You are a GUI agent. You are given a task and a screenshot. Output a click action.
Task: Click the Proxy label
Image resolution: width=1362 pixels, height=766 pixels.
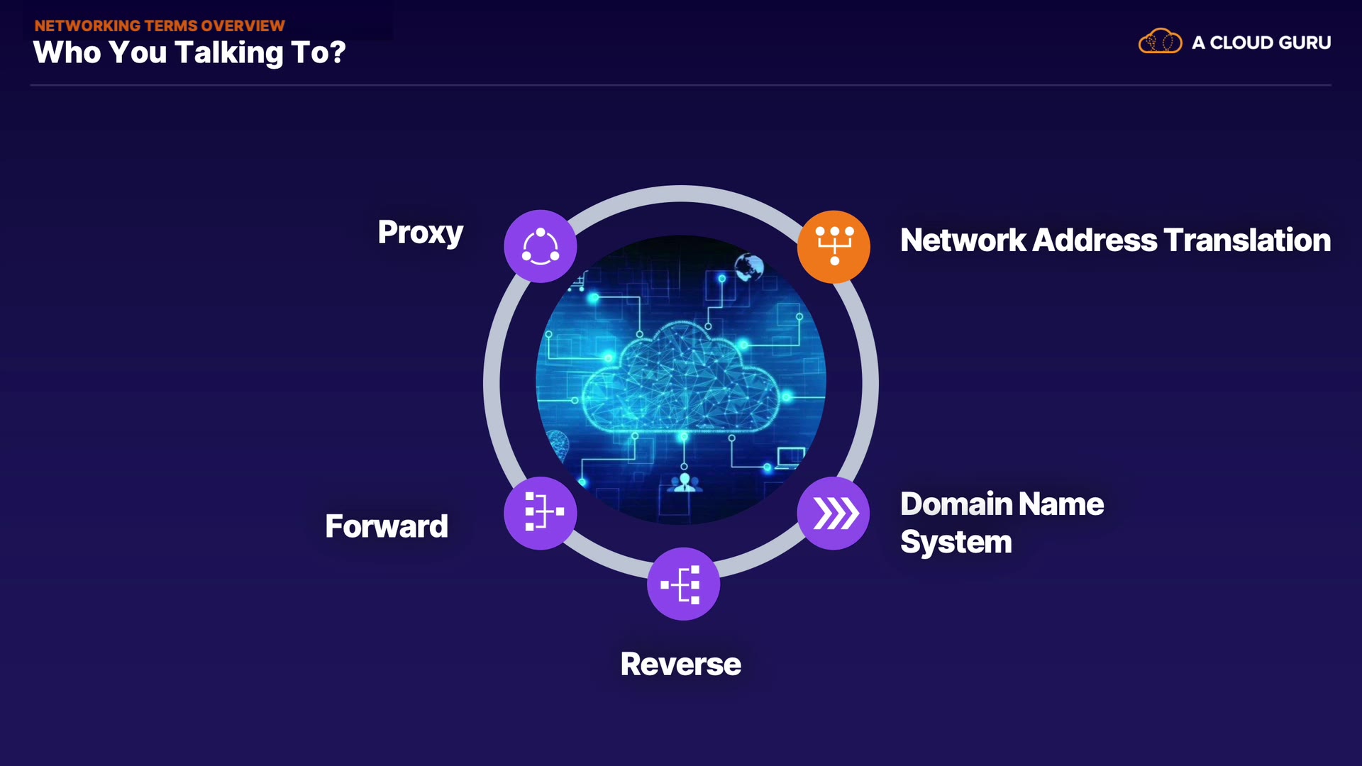coord(420,233)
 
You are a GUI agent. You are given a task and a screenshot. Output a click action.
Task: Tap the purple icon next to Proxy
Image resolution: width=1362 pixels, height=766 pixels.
coord(541,246)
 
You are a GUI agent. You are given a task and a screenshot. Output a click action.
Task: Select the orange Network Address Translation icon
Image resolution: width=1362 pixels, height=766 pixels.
coord(834,246)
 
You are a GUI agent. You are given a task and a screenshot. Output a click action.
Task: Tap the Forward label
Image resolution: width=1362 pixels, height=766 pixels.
coord(387,526)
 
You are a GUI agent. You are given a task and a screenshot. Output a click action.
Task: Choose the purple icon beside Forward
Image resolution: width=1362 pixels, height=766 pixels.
coord(541,513)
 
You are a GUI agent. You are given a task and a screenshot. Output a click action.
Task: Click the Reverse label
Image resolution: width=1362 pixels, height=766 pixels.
coord(680,665)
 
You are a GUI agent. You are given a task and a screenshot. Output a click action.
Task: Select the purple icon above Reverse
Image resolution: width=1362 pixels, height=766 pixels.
coord(683,584)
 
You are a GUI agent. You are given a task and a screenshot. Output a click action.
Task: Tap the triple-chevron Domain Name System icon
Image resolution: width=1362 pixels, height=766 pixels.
coord(834,513)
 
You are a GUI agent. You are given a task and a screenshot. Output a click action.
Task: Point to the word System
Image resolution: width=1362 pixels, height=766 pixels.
coord(956,542)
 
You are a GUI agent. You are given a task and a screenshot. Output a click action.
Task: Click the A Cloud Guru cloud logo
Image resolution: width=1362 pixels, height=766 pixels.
coord(1160,42)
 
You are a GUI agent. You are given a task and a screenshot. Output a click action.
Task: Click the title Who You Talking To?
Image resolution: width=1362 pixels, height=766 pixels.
coord(189,52)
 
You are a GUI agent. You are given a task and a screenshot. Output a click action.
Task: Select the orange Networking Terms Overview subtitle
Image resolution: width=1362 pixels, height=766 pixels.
coord(160,26)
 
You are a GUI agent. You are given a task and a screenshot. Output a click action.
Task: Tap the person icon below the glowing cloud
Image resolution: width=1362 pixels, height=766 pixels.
coord(685,483)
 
